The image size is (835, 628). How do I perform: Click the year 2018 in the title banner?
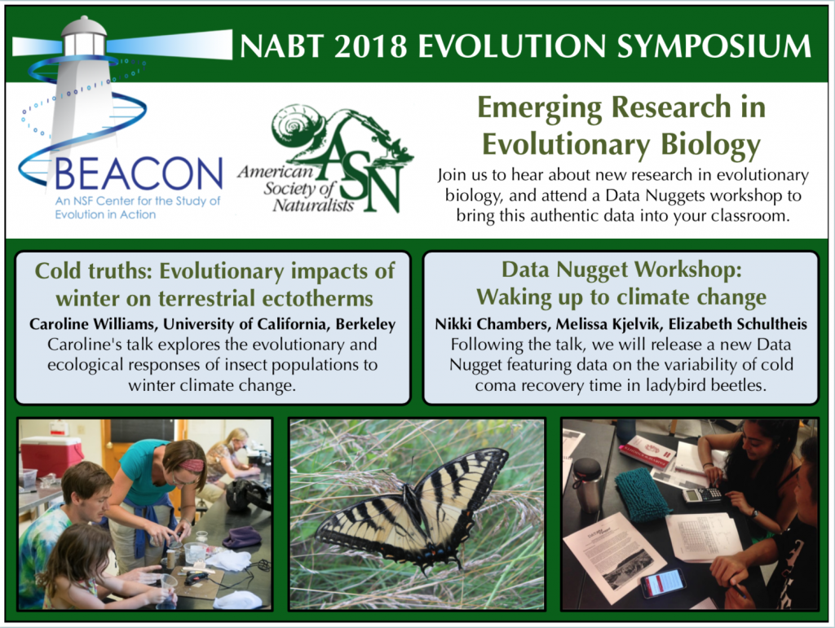click(370, 46)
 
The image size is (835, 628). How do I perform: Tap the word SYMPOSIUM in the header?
click(714, 46)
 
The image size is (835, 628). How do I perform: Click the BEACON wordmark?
click(138, 173)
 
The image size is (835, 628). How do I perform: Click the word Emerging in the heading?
click(540, 108)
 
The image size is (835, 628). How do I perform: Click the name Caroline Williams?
click(93, 324)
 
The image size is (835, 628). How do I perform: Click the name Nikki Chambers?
click(485, 324)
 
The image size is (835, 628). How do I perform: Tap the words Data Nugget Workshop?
click(621, 270)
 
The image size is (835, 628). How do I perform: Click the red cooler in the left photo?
click(51, 455)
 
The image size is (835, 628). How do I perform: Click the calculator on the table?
click(702, 494)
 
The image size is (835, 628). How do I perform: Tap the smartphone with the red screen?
click(663, 583)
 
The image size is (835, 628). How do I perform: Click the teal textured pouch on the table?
click(643, 495)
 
